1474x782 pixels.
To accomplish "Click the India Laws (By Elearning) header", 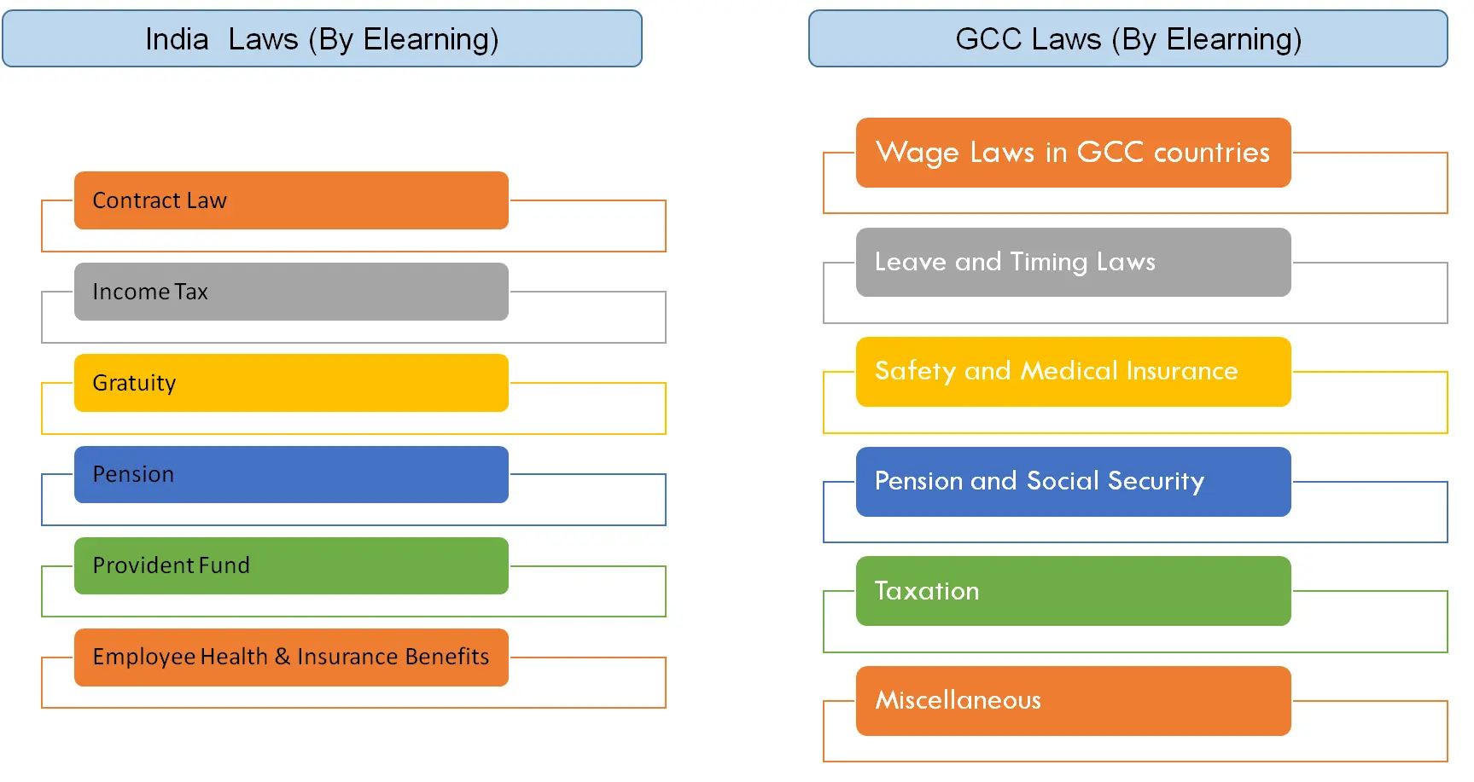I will tap(322, 39).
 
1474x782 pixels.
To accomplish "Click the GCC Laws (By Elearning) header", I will tap(1127, 39).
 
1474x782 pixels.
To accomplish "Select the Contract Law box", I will tap(291, 200).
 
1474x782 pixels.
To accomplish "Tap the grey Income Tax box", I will tap(291, 292).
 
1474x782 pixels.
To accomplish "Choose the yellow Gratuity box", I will tap(291, 383).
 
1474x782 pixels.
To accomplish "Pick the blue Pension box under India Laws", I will tap(291, 474).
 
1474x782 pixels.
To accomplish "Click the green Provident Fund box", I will tap(291, 565).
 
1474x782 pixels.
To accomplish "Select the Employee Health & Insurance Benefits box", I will tap(291, 657).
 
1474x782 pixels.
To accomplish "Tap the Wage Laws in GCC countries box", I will tap(1073, 153).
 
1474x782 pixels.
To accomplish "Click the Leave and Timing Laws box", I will tap(1073, 262).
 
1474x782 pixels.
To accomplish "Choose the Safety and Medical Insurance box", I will tap(1073, 371).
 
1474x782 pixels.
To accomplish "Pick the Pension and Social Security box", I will tap(1073, 481).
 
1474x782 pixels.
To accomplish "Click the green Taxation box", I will tap(1073, 591).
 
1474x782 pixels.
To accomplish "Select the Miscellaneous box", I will tap(1073, 700).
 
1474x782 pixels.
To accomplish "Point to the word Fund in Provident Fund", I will tap(224, 565).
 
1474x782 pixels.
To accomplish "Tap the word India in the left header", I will tap(177, 39).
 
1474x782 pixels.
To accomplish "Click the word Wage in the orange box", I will tap(918, 154).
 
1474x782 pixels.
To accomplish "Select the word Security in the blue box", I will tap(1156, 482).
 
